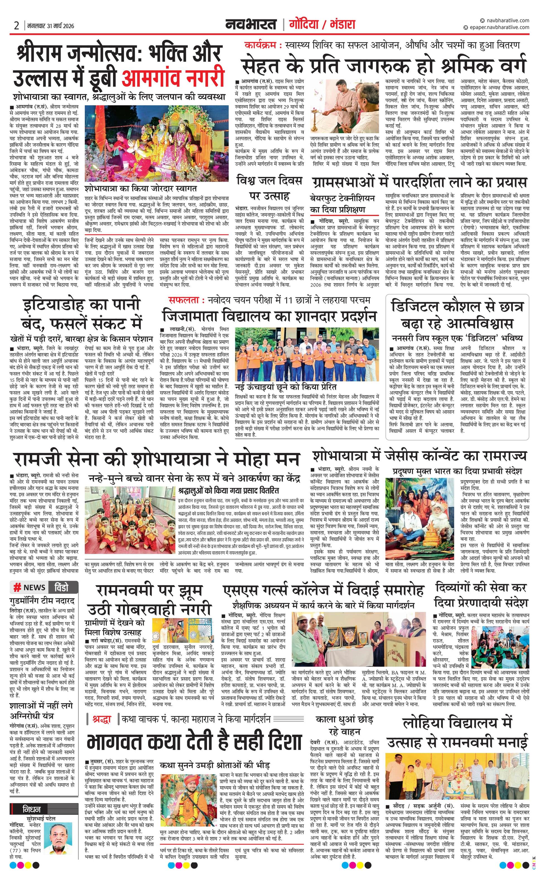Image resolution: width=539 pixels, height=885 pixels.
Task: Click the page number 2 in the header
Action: click(x=16, y=25)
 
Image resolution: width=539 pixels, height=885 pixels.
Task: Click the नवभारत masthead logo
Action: click(x=251, y=25)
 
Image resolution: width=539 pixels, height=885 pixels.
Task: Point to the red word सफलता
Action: click(x=182, y=300)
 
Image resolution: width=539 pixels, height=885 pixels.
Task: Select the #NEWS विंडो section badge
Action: click(x=44, y=587)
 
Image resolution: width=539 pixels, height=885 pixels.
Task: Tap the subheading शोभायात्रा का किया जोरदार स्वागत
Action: click(x=141, y=189)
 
